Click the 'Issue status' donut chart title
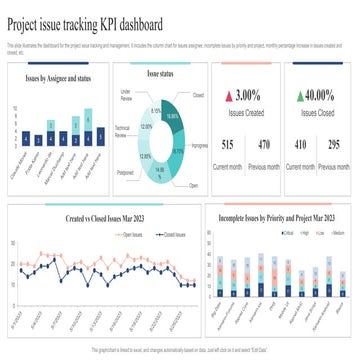[159, 73]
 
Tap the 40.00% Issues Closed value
[320, 96]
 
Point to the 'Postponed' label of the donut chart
[125, 172]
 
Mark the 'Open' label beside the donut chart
[194, 186]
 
